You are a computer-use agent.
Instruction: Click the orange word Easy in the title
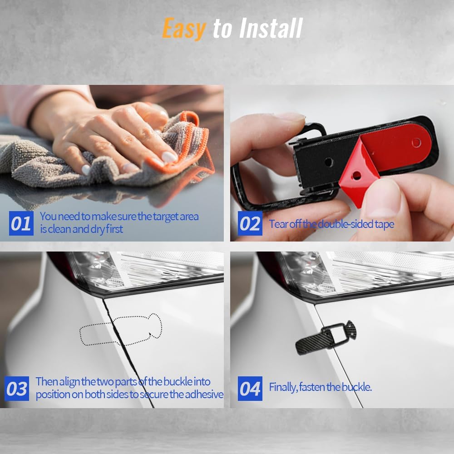(x=184, y=28)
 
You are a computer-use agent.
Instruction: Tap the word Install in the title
(x=271, y=28)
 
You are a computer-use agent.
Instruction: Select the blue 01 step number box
(x=21, y=223)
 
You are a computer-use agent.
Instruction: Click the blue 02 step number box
(x=250, y=223)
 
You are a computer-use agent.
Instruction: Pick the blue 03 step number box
(x=17, y=389)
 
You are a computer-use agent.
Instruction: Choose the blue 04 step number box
(x=250, y=389)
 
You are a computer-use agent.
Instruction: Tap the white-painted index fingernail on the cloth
(x=169, y=157)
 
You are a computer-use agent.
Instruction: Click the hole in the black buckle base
(x=329, y=162)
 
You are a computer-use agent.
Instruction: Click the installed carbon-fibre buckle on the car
(x=326, y=338)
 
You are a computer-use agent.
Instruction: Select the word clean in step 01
(x=59, y=229)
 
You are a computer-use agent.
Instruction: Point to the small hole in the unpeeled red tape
(x=416, y=143)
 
